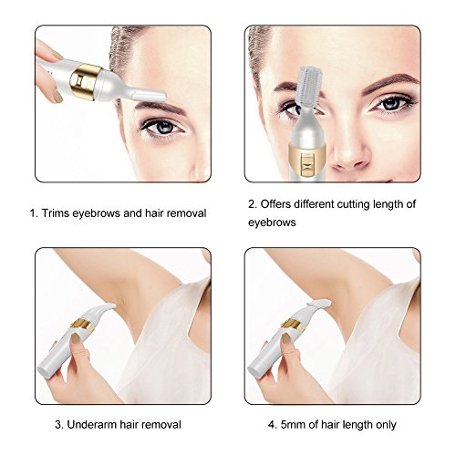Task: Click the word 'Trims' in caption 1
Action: click(x=56, y=213)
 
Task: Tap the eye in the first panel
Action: click(x=161, y=126)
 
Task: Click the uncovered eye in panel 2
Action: click(x=392, y=104)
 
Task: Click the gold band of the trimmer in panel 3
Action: click(x=81, y=326)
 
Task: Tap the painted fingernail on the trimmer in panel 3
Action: click(x=75, y=338)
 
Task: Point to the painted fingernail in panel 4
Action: click(x=285, y=338)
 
